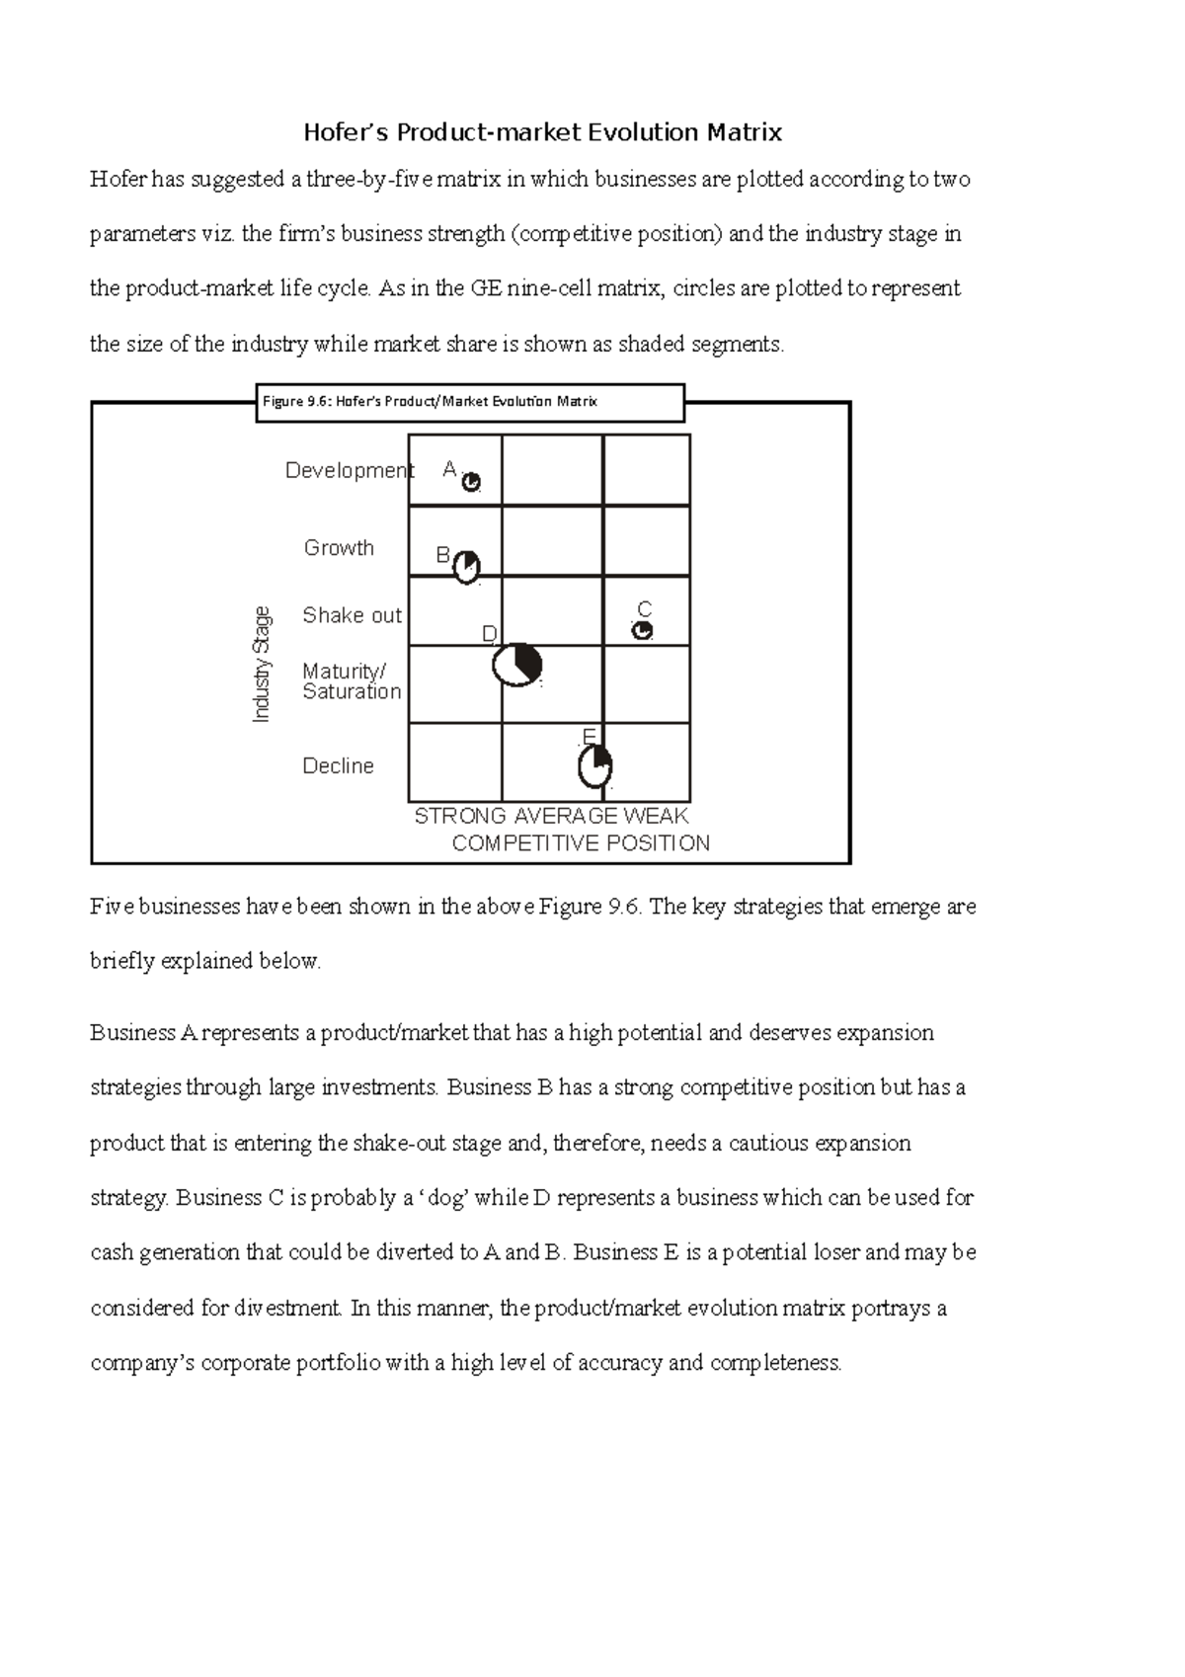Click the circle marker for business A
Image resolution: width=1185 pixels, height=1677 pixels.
472,482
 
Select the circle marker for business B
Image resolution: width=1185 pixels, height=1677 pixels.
466,567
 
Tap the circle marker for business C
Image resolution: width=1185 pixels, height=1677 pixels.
642,630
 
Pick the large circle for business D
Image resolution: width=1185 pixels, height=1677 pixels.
516,666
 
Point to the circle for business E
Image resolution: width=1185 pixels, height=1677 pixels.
594,767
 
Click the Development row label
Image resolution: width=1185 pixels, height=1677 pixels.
349,470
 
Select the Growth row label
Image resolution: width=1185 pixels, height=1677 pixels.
339,548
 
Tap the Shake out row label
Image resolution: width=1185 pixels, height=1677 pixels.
352,615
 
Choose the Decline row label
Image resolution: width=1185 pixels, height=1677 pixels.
338,766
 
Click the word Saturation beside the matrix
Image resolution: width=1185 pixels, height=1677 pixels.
352,692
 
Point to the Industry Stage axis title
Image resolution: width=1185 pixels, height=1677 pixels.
262,665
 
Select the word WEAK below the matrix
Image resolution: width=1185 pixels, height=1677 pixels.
656,816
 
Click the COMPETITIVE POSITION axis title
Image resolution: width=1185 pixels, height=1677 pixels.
581,843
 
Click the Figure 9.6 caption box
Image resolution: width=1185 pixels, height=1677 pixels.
470,402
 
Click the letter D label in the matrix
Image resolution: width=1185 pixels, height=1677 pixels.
489,634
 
